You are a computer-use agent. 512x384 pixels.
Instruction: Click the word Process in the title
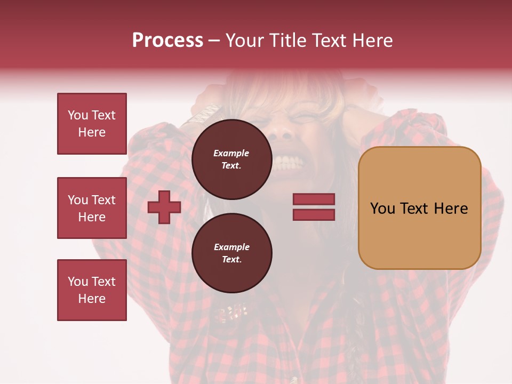[x=167, y=41]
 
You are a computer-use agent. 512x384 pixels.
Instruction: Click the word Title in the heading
[x=289, y=41]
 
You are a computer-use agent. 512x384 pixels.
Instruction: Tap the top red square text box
[x=92, y=124]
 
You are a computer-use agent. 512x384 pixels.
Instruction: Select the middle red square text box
[x=92, y=208]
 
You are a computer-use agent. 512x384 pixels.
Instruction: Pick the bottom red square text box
[x=92, y=290]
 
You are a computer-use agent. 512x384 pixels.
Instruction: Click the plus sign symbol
[x=164, y=207]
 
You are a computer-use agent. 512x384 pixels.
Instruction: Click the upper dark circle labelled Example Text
[x=231, y=159]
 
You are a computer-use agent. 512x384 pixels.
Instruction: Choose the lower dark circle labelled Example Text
[x=231, y=253]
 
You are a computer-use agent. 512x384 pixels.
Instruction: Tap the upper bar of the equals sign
[x=314, y=199]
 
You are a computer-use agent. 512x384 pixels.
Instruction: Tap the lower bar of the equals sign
[x=314, y=214]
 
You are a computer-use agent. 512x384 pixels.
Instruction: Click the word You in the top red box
[x=77, y=115]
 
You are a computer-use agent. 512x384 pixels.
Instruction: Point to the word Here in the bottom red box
[x=92, y=299]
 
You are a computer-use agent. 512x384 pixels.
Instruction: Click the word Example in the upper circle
[x=231, y=153]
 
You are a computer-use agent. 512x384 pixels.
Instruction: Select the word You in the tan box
[x=382, y=209]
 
